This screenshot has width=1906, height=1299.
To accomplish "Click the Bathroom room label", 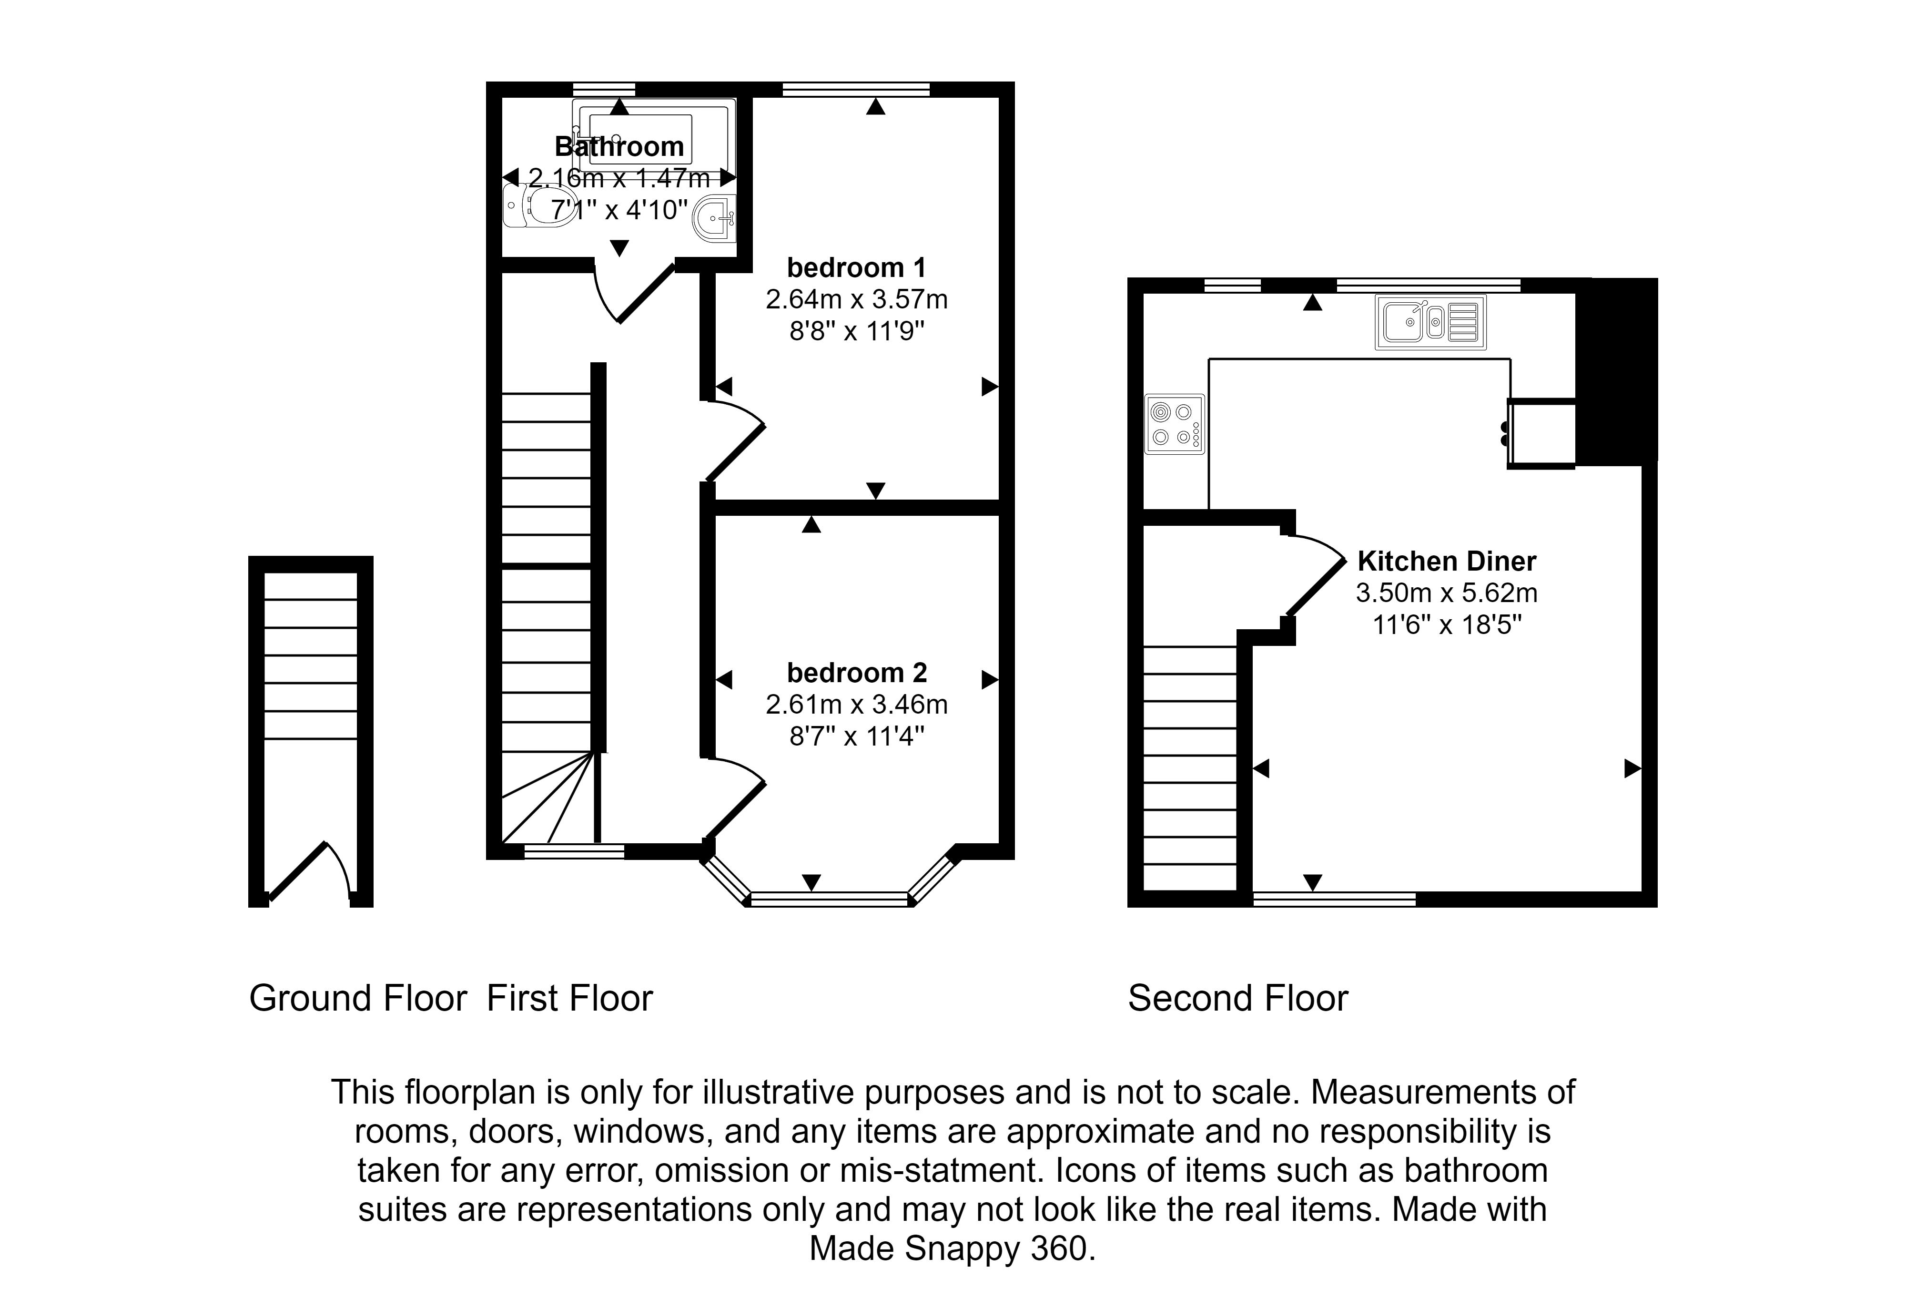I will [x=619, y=147].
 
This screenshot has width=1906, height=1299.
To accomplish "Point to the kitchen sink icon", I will [x=1430, y=322].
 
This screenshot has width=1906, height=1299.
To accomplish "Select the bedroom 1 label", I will [x=856, y=267].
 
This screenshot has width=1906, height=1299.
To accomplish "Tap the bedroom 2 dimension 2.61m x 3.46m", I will [x=856, y=704].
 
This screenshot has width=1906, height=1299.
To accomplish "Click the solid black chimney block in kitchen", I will [x=1616, y=369].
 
